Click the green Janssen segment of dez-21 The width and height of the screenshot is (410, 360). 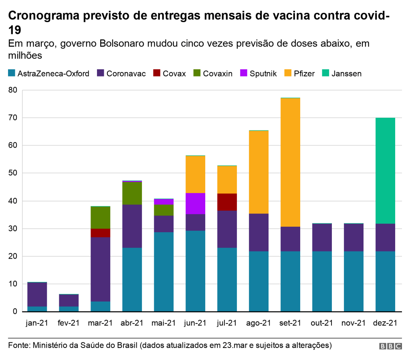pyautogui.click(x=385, y=171)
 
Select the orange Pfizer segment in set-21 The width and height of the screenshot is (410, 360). pyautogui.click(x=290, y=162)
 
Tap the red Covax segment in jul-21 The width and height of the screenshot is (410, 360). pyautogui.click(x=227, y=202)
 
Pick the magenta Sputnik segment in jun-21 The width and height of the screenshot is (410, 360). pyautogui.click(x=195, y=203)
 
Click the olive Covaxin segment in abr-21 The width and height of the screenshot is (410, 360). pyautogui.click(x=132, y=193)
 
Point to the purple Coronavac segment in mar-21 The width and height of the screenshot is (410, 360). pyautogui.click(x=101, y=269)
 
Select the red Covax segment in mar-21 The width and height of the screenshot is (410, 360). pyautogui.click(x=101, y=233)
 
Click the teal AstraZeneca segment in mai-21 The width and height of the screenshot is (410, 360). pyautogui.click(x=164, y=272)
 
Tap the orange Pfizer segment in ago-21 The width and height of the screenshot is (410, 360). pyautogui.click(x=259, y=172)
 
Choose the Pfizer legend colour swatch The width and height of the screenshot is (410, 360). pyautogui.click(x=288, y=73)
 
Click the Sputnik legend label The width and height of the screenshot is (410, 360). pyautogui.click(x=263, y=74)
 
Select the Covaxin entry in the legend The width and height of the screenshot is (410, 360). pyautogui.click(x=213, y=73)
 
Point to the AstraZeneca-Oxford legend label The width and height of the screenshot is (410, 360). pyautogui.click(x=53, y=74)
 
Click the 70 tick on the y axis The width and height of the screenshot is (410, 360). pyautogui.click(x=13, y=118)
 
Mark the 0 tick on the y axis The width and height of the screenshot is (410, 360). pyautogui.click(x=15, y=312)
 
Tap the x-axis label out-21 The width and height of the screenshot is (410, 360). pyautogui.click(x=321, y=323)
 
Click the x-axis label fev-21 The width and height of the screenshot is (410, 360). pyautogui.click(x=69, y=323)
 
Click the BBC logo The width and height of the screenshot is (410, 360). pyautogui.click(x=391, y=346)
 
